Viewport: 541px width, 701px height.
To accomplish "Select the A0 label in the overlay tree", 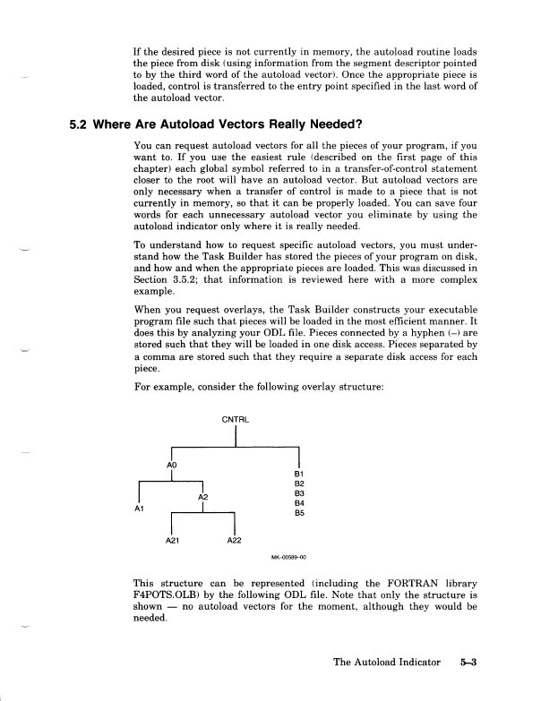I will tap(173, 466).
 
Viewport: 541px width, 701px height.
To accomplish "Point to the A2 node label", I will tap(202, 496).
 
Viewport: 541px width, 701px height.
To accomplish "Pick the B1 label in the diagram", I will tap(300, 472).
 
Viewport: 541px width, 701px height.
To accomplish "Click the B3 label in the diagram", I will tap(300, 493).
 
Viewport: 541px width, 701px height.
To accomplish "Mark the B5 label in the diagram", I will tap(300, 515).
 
